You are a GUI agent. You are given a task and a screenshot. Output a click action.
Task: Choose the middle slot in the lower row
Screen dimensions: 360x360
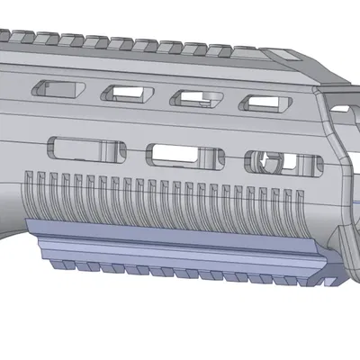tap(184, 154)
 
